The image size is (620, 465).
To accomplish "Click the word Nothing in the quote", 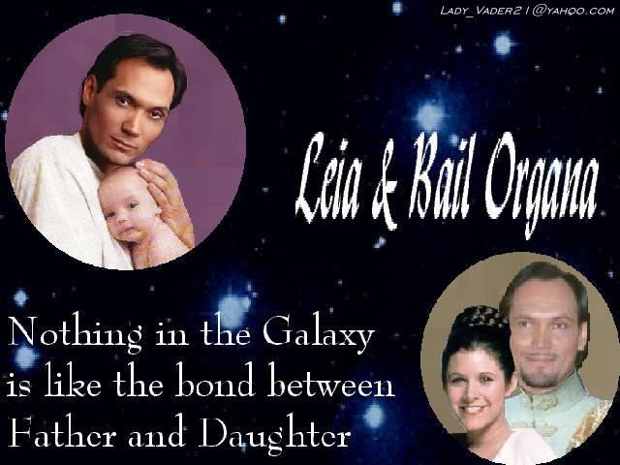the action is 75,334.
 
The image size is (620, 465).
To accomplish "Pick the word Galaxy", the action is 319,334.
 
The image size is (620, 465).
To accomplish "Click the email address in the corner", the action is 527,11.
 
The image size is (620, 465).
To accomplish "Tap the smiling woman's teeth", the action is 472,408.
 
